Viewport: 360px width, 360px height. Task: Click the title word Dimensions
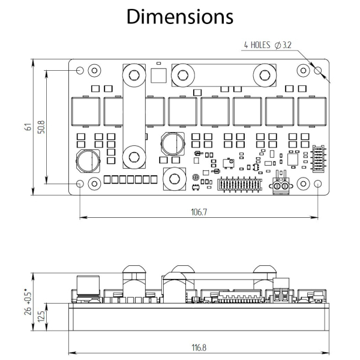(x=180, y=17)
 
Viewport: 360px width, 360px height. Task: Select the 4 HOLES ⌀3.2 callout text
(x=268, y=45)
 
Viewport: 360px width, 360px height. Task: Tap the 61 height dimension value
(x=28, y=127)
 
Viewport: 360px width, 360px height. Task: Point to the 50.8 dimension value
(x=41, y=127)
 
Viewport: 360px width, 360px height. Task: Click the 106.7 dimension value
(x=199, y=212)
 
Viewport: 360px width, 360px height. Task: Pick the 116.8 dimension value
(x=199, y=348)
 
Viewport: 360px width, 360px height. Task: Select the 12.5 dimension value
(x=41, y=317)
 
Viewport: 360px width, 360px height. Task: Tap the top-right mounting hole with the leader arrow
(x=318, y=70)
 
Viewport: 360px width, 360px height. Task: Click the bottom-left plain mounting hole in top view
(x=80, y=184)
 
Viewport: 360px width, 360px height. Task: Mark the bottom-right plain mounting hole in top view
(x=318, y=184)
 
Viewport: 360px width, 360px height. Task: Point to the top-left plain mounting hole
(x=80, y=70)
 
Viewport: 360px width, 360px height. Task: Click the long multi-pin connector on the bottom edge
(x=239, y=184)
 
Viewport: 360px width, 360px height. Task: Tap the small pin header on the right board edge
(x=319, y=158)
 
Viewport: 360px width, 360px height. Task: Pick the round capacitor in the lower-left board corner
(x=88, y=161)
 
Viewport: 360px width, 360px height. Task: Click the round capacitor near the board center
(x=173, y=144)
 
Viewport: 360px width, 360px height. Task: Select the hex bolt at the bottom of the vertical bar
(x=134, y=157)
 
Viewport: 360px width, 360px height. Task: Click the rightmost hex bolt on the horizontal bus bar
(x=265, y=75)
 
